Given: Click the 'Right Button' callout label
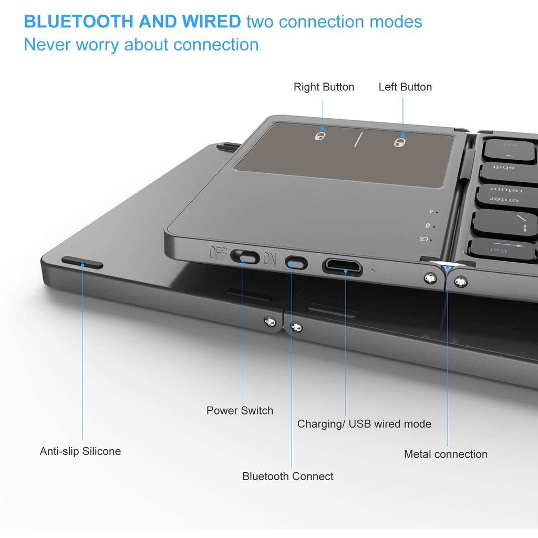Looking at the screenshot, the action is pos(324,87).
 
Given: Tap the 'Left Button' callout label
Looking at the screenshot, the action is pos(405,87).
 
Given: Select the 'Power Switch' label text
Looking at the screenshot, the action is pos(240,410).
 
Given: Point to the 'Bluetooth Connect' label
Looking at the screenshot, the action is pos(288,476).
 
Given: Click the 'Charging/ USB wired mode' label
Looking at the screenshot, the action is pos(365,424).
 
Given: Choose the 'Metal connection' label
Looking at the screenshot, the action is pos(446,454).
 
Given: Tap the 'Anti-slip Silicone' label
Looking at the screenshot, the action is pos(80,451).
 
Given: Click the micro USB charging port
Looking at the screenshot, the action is pos(343,266).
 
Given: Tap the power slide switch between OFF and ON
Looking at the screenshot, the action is pos(245,256).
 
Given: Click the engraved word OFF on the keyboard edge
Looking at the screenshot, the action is pos(218,253).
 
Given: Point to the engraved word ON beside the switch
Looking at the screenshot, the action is pos(270,260).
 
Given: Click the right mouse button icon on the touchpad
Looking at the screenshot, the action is pos(320,136).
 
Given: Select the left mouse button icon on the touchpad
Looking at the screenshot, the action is pos(399,142).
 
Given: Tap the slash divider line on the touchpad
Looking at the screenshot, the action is pos(358,139).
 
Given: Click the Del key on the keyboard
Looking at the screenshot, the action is pos(503,250).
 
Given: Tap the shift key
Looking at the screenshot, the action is pos(509,173).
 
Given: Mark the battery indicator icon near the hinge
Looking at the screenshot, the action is pos(424,239).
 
